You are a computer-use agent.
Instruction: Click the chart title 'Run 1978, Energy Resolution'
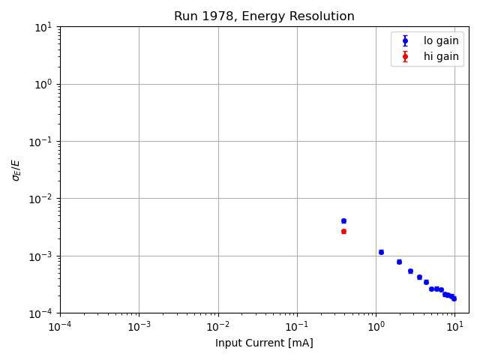[x=264, y=16]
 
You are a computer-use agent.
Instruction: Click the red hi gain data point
[x=343, y=231]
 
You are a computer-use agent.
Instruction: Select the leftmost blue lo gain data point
[x=343, y=220]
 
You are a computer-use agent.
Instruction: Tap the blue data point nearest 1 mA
[x=381, y=252]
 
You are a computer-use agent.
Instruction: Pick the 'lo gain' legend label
[x=441, y=41]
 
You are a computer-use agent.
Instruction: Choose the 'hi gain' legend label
[x=441, y=56]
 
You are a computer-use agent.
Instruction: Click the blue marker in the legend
[x=405, y=41]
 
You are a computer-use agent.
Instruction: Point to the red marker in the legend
[x=405, y=56]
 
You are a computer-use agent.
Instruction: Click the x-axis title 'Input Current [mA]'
[x=264, y=343]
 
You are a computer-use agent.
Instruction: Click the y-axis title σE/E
[x=16, y=169]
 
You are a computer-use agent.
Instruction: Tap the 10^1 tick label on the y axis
[x=44, y=27]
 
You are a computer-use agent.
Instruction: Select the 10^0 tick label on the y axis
[x=44, y=84]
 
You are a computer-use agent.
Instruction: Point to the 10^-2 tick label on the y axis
[x=43, y=199]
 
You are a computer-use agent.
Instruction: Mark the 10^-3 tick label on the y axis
[x=43, y=256]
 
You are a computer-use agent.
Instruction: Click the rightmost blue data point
[x=454, y=298]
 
